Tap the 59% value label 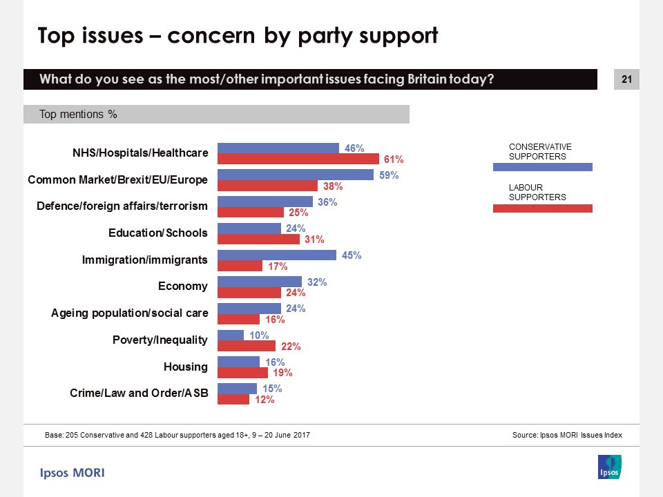[x=390, y=175]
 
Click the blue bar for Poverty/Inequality [x=231, y=335]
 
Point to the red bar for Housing [x=242, y=373]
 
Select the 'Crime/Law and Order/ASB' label [x=138, y=393]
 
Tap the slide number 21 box [x=626, y=80]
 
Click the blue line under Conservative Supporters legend [x=542, y=166]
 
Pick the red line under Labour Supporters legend [x=542, y=208]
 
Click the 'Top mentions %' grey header [x=216, y=115]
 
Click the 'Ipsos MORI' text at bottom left [x=72, y=473]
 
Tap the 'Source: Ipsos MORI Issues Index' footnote [x=567, y=436]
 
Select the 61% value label [x=393, y=159]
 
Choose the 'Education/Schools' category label [x=158, y=233]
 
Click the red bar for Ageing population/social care [x=238, y=320]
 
